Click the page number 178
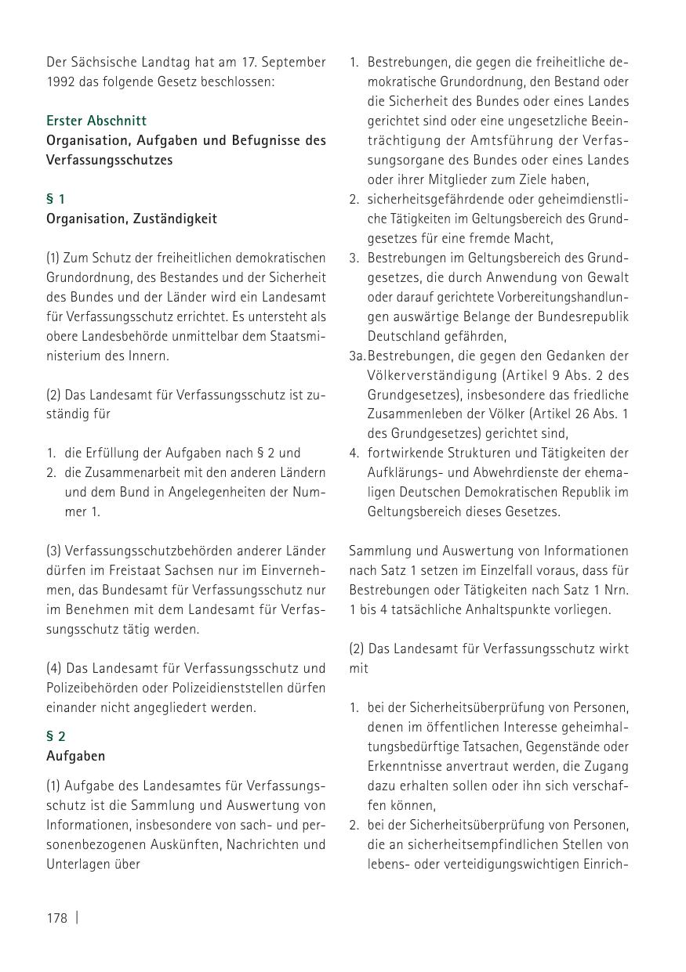coord(57,918)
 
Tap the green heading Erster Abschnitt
coord(96,121)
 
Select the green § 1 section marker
coord(56,199)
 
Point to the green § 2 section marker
coord(56,736)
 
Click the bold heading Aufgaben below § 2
coord(75,756)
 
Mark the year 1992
coord(61,81)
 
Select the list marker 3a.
coord(358,356)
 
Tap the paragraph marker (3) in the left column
coord(54,551)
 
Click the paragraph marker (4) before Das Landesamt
coord(54,668)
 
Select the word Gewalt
coord(608,277)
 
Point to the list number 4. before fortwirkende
coord(354,453)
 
